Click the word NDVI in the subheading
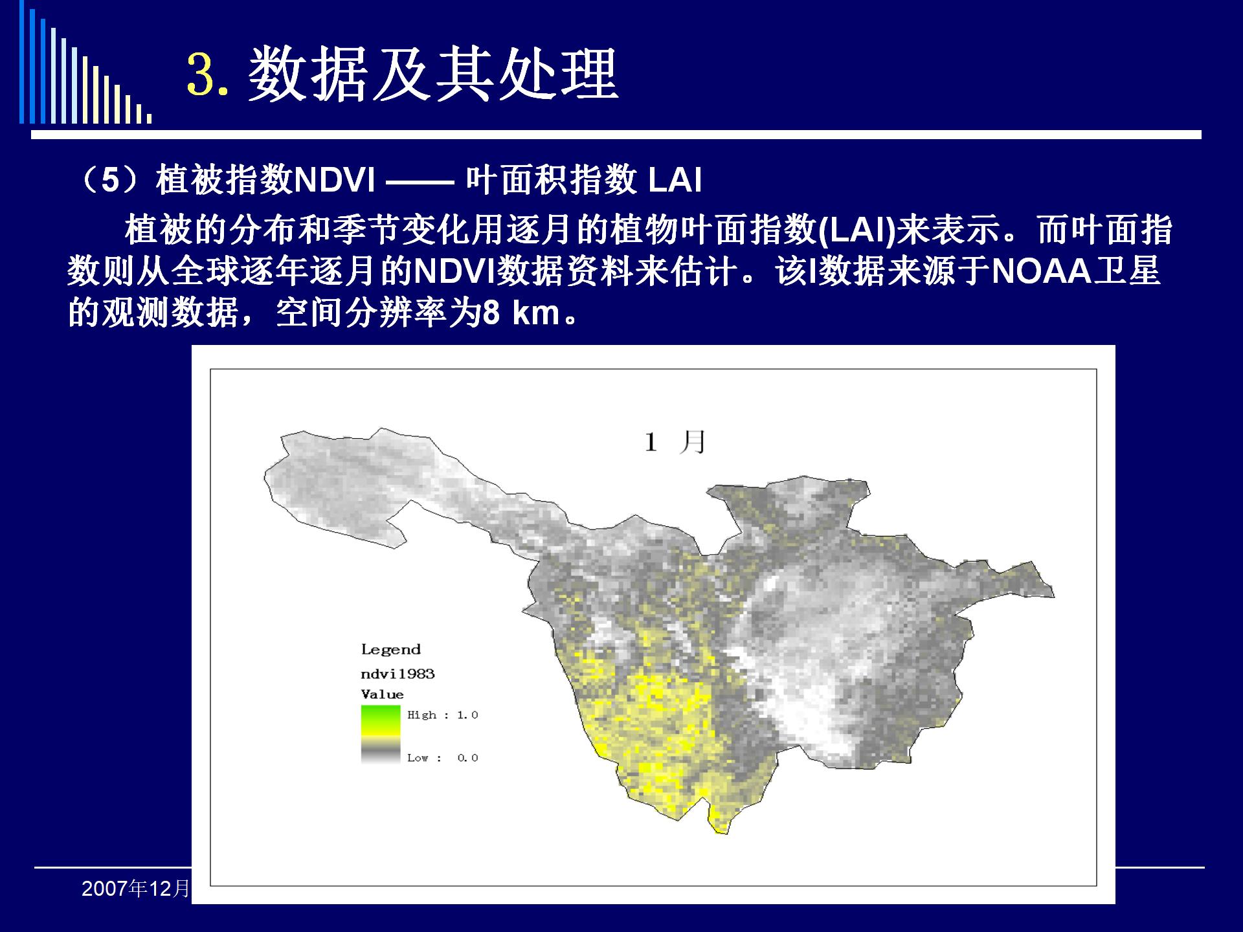[x=334, y=179]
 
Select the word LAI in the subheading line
[x=675, y=179]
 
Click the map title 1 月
[x=675, y=442]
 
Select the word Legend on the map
[x=390, y=650]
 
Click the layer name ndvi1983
[x=398, y=674]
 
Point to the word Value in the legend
[x=382, y=694]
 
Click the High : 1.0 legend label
[x=442, y=715]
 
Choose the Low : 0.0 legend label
[x=442, y=758]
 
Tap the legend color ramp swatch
[x=381, y=735]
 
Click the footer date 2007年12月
[x=136, y=889]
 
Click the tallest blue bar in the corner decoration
[x=22, y=61]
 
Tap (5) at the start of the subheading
[x=111, y=179]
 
